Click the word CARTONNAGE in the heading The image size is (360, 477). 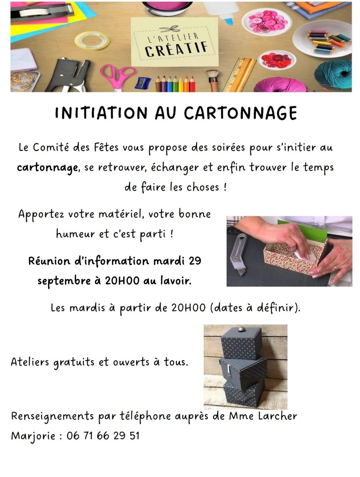[x=240, y=113]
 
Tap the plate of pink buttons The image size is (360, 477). [x=267, y=22]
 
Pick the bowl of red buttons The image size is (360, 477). [x=277, y=59]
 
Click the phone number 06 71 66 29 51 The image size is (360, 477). [x=103, y=436]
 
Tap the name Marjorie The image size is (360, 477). [x=33, y=436]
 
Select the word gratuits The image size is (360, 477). [x=74, y=363]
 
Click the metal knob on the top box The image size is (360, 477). [x=242, y=329]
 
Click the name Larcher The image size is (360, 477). [x=278, y=416]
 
